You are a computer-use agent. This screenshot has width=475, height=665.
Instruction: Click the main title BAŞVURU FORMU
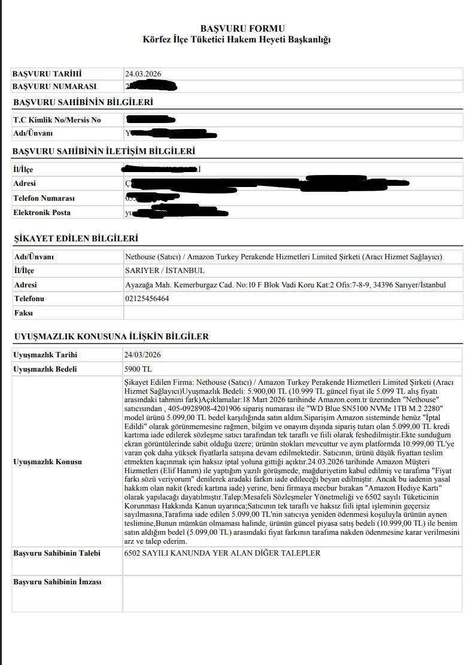(x=242, y=28)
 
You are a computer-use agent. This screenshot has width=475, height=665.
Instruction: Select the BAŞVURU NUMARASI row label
(x=54, y=86)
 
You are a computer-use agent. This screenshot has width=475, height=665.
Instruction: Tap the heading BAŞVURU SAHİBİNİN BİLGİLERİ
(x=83, y=102)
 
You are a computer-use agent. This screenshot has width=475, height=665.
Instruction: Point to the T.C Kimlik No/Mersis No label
(x=57, y=120)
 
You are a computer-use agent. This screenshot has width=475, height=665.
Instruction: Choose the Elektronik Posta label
(x=41, y=212)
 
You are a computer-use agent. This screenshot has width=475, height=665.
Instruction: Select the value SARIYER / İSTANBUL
(x=157, y=271)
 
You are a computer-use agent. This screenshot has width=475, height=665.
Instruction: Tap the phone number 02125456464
(x=147, y=299)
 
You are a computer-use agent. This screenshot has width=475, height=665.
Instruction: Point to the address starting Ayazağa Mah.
(x=284, y=285)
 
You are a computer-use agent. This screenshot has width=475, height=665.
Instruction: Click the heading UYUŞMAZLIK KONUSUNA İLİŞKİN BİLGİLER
(x=111, y=336)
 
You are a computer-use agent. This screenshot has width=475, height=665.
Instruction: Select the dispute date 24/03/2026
(x=142, y=355)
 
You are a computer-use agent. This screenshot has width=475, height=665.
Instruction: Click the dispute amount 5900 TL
(x=138, y=369)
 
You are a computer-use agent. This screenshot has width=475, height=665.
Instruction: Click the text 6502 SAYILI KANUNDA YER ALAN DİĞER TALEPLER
(x=222, y=553)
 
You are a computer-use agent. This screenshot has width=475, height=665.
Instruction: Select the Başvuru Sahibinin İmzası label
(x=57, y=582)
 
